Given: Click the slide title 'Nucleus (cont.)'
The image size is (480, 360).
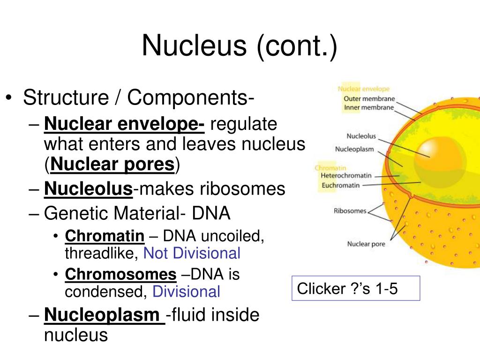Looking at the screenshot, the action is pos(240,46).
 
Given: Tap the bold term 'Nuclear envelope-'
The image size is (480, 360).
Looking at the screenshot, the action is pos(124,124).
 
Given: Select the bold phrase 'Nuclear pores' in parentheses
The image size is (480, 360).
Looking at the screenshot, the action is pos(112,164).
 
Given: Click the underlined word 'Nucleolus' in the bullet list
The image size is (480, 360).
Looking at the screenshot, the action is pos(88,189).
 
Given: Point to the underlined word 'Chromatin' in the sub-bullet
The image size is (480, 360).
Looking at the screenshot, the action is pos(105,236).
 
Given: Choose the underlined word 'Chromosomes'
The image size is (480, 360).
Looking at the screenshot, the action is pos(120,274).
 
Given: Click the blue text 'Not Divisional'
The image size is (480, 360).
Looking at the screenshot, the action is pos(192,253).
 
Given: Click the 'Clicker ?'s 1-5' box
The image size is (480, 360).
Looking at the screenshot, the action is pos(355,288).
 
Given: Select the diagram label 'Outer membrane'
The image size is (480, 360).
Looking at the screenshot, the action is pos(369,99).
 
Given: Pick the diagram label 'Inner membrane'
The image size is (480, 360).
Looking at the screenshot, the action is pos(369,107).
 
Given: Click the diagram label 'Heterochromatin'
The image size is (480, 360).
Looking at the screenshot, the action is pos(346,175).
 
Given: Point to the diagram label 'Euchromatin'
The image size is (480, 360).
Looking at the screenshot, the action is pos(341,185).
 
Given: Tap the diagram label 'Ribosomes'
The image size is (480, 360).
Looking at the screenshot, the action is pos(350,211).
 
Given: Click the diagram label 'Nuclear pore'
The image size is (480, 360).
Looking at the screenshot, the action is pos(366,244).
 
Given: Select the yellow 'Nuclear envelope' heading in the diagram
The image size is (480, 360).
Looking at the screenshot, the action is pos(364,89).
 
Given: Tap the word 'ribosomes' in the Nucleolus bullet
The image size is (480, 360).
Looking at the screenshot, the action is pos(243,189).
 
